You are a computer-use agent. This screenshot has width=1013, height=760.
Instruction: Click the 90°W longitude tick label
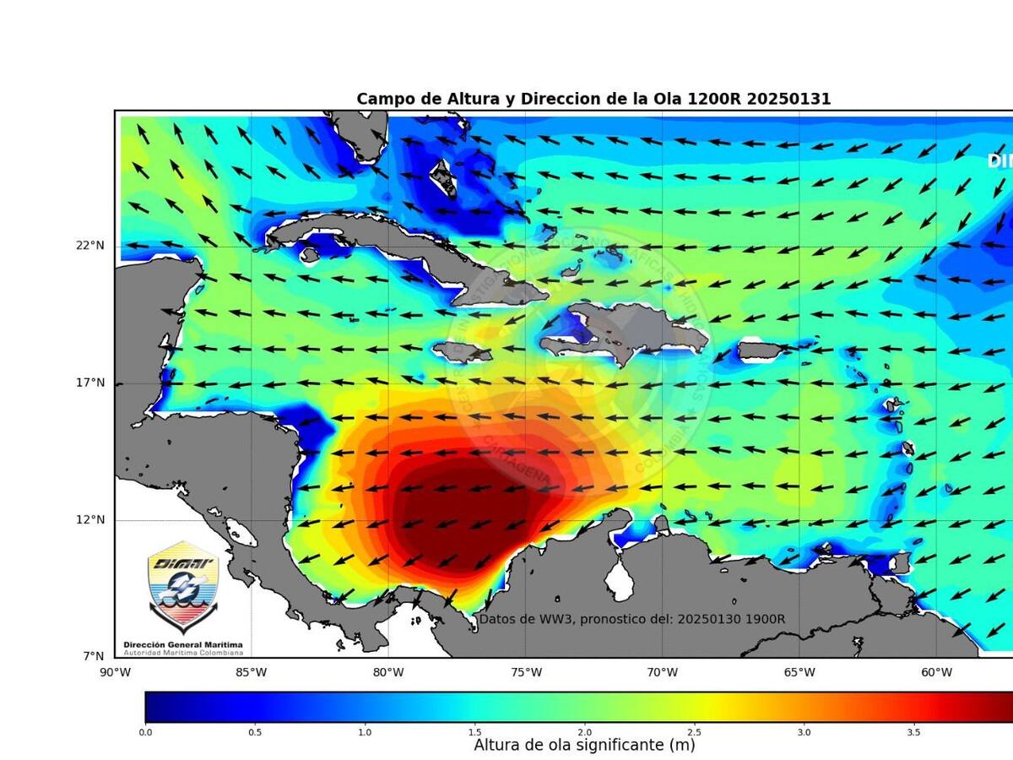point(115,673)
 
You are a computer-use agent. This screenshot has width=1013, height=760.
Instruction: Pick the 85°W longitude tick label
point(252,673)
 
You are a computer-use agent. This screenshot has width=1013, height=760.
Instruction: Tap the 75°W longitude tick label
point(525,673)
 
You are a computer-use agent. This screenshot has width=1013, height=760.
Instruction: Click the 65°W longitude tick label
point(799,673)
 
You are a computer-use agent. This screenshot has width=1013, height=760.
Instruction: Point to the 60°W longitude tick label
point(935,673)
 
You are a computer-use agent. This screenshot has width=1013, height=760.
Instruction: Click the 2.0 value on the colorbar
point(584,732)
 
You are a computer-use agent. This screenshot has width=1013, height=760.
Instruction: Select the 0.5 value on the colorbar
point(254,732)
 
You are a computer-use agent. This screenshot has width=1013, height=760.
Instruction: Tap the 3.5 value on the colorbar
point(913,732)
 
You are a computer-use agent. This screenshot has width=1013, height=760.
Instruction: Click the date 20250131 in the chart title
point(788,99)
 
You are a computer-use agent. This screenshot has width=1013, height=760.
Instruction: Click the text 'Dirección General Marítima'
point(183,644)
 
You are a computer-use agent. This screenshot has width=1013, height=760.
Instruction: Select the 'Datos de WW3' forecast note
point(632,619)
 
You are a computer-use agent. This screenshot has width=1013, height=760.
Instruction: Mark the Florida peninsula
point(363,135)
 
